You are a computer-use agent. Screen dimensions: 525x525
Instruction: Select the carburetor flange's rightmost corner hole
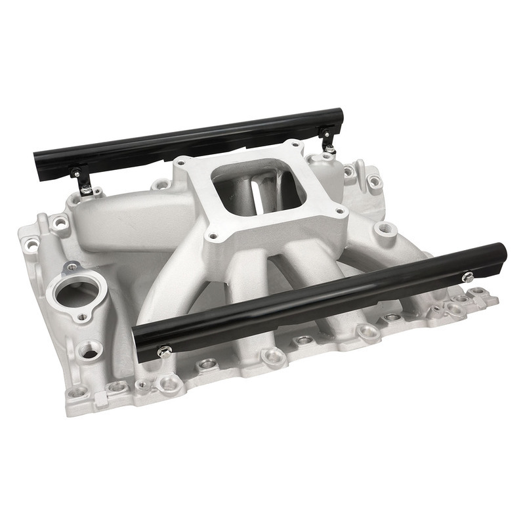point(339,212)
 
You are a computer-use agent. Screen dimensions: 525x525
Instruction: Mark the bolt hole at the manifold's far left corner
point(30,247)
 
